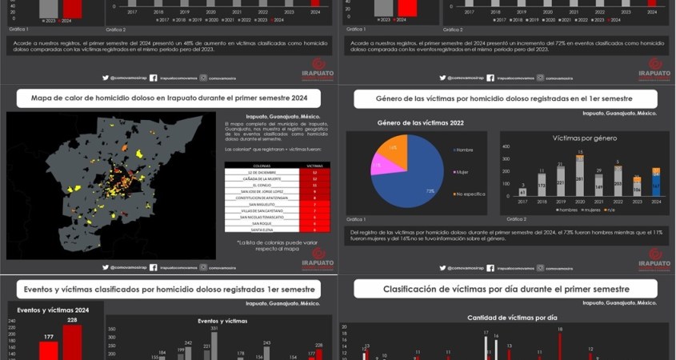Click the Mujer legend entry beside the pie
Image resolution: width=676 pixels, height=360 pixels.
[462, 171]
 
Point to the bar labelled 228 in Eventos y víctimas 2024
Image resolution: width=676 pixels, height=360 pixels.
[72, 342]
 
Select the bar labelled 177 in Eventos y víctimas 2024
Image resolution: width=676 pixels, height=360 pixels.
[49, 350]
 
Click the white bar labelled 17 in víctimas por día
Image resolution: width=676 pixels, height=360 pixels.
[486, 347]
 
